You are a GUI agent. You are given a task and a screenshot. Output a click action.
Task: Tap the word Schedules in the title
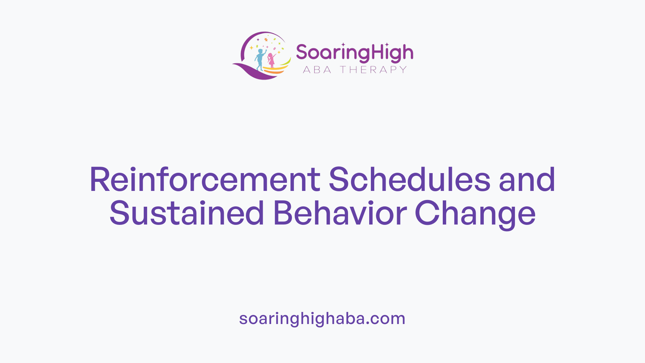(x=409, y=180)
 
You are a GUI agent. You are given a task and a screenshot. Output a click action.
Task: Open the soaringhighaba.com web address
(x=322, y=319)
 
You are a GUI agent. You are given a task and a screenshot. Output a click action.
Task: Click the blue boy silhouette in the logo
(x=259, y=59)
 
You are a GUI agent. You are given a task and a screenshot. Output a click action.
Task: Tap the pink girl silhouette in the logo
(x=271, y=60)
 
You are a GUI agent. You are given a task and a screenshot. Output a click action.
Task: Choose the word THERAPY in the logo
(x=373, y=70)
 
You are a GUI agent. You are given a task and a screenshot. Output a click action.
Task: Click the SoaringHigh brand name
(x=354, y=53)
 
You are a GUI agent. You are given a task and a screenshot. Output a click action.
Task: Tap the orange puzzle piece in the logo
(x=266, y=40)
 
